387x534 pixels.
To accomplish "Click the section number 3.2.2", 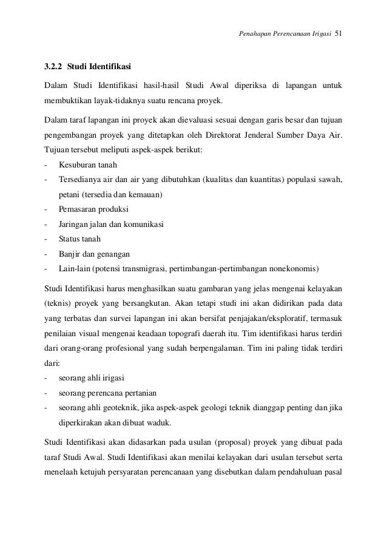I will (x=54, y=65).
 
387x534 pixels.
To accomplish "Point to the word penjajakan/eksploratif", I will (x=262, y=319).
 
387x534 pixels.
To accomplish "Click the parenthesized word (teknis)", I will (x=59, y=303).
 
